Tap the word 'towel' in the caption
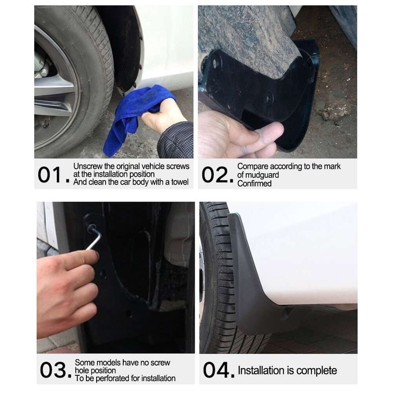179,182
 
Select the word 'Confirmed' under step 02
254,183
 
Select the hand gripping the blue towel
161,118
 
